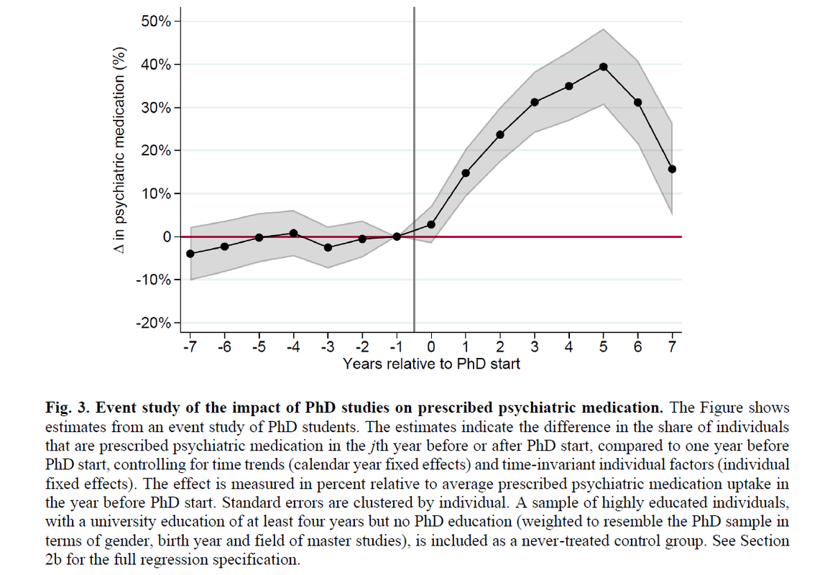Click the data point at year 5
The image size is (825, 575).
coord(604,67)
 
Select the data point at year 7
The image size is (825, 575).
coord(672,169)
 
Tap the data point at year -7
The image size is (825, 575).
coord(190,254)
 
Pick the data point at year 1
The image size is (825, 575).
coord(466,173)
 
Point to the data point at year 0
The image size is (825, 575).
coord(431,224)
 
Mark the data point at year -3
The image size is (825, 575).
coord(328,247)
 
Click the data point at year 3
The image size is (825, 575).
coord(535,102)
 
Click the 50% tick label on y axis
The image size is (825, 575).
coord(156,22)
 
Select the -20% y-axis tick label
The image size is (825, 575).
coord(153,323)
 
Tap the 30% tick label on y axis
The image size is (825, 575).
coord(156,108)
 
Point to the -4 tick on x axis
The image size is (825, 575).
coord(293,346)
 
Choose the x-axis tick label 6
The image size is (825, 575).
coord(637,346)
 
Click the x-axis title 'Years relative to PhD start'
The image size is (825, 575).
coord(431,364)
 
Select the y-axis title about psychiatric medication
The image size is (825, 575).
coord(121,151)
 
